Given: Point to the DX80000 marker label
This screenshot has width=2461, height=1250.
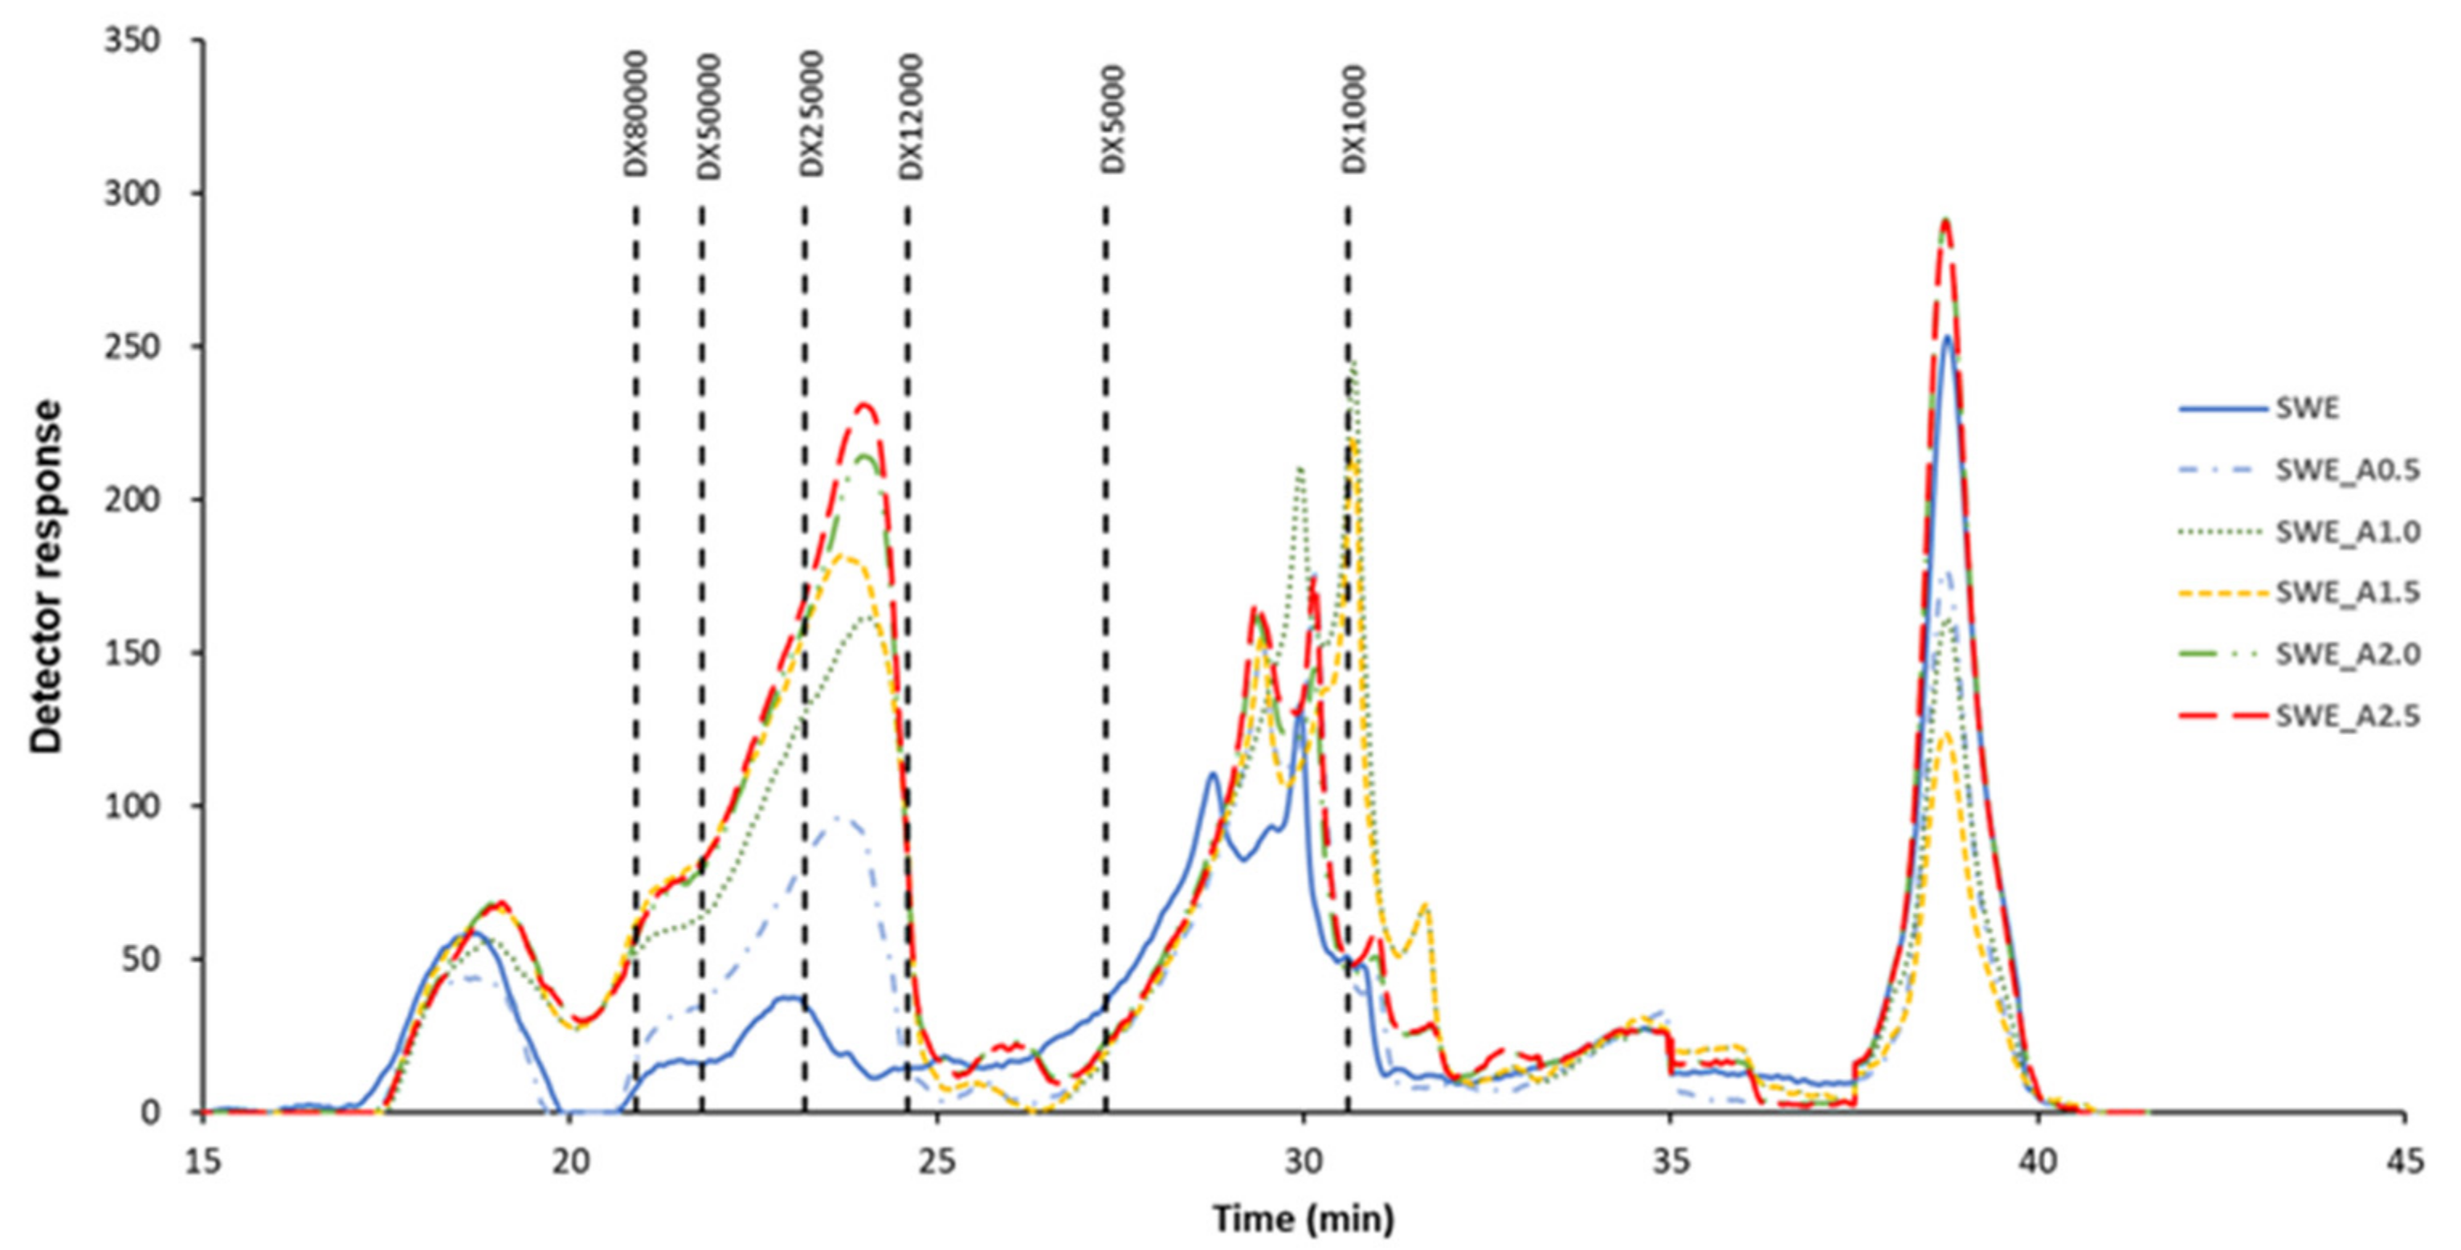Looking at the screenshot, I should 636,114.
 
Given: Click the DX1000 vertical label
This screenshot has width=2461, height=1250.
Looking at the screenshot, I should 1353,120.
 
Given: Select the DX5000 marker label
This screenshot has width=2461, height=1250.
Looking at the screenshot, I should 1113,120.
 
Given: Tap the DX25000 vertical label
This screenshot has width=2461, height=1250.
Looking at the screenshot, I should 811,114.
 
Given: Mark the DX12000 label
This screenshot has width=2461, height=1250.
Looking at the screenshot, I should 912,115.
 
